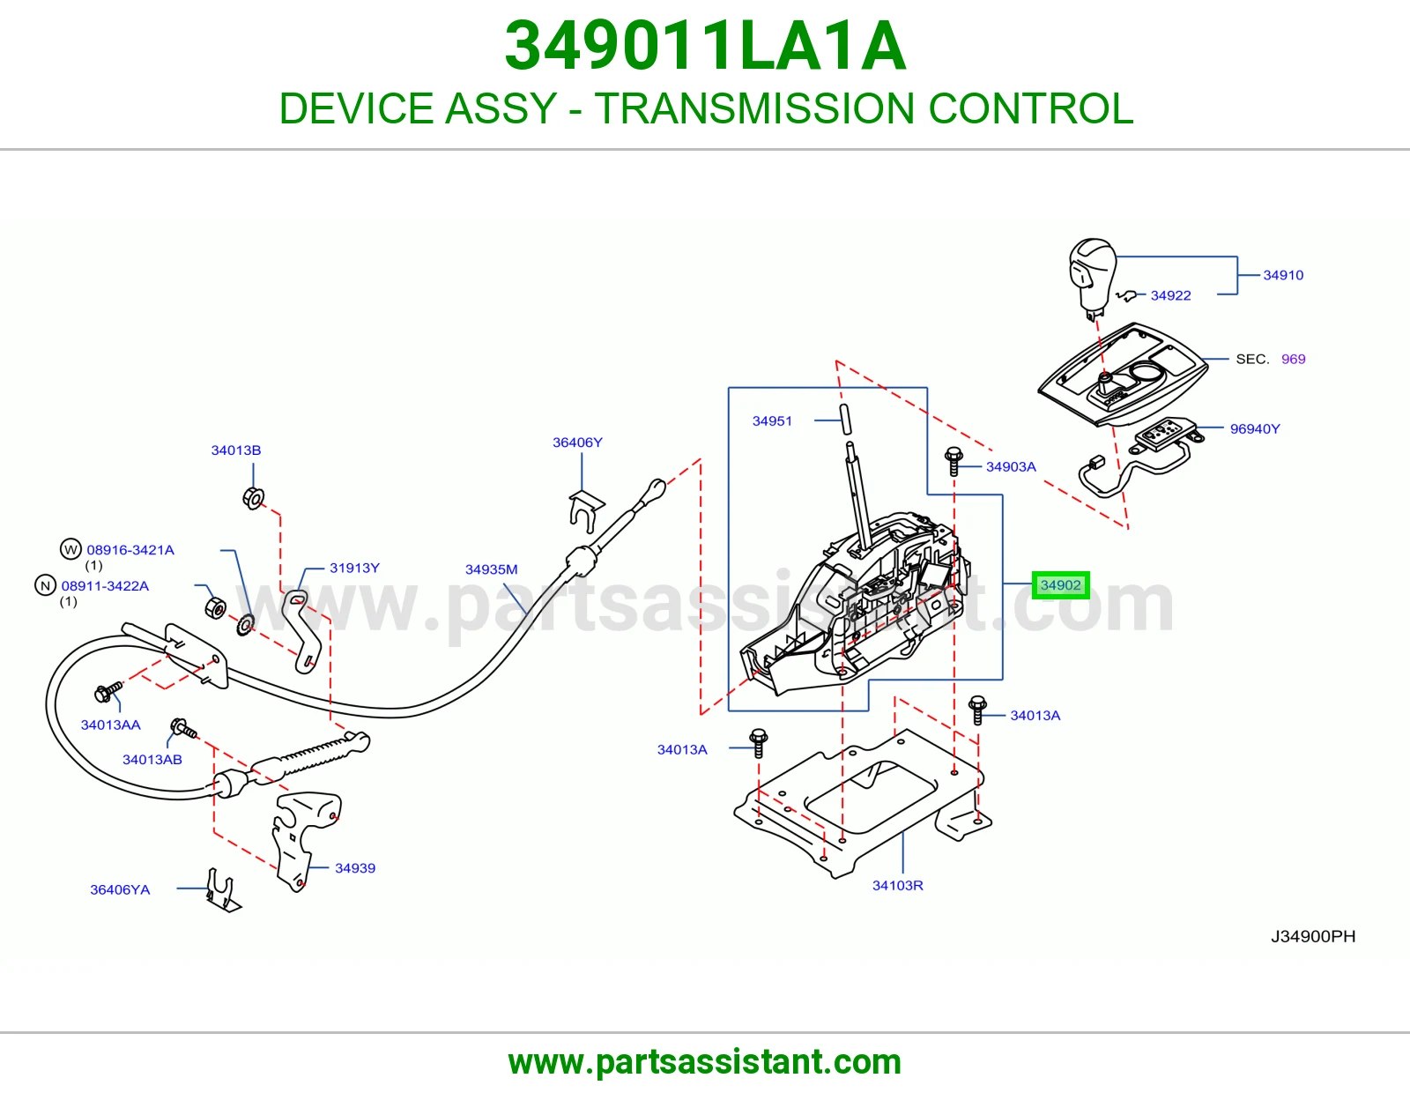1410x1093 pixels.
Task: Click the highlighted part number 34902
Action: coord(1060,585)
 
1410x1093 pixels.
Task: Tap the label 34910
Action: coord(1283,275)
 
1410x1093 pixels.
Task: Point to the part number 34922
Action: coord(1170,296)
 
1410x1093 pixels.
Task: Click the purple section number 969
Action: coord(1293,360)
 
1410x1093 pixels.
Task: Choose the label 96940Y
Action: coord(1255,429)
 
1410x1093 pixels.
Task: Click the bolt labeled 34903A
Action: coord(954,461)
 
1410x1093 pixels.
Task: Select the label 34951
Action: coord(772,421)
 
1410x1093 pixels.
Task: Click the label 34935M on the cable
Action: coord(491,570)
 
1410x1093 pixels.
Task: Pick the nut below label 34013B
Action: coord(253,498)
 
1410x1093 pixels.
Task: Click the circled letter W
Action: coord(70,549)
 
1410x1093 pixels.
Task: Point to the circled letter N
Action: coord(45,586)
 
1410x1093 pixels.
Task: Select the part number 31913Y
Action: coord(354,569)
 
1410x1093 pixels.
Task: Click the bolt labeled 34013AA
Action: coord(108,692)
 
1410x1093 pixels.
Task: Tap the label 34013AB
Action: coord(152,760)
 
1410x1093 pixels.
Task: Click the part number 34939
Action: coord(355,868)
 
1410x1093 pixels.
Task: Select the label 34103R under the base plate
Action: coord(897,886)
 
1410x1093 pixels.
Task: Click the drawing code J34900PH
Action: coord(1313,937)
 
